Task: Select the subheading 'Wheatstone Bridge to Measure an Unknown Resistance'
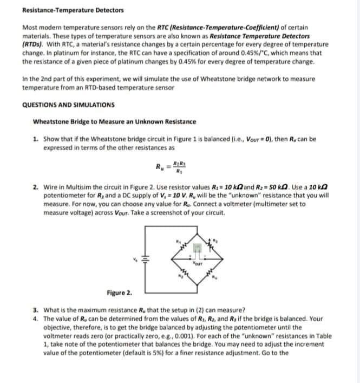click(x=114, y=121)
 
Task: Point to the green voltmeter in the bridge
click(x=198, y=248)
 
